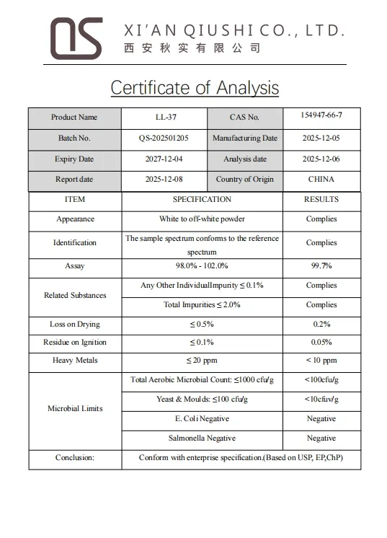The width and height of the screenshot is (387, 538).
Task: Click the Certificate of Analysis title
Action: tap(194, 88)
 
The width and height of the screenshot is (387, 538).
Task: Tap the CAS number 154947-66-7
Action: tap(321, 115)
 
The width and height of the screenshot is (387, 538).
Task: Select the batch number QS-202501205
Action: tap(164, 138)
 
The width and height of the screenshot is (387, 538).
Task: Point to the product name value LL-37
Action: tap(164, 118)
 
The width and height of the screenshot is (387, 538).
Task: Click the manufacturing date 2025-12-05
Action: tap(321, 138)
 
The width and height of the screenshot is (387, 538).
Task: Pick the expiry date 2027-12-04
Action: tap(164, 159)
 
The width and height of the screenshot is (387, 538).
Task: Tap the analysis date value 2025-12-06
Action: tap(321, 159)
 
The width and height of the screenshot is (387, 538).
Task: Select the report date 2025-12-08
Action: tap(164, 180)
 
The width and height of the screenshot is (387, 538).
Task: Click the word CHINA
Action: tap(321, 180)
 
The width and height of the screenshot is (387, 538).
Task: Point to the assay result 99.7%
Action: tap(321, 266)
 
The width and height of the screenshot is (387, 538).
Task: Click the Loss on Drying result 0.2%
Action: tap(321, 325)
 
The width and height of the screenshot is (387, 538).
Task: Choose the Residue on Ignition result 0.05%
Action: tap(321, 343)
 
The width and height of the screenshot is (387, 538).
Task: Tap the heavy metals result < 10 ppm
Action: tap(321, 361)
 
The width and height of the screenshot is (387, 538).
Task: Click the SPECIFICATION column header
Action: tap(202, 200)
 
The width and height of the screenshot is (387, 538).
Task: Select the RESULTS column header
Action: tap(321, 200)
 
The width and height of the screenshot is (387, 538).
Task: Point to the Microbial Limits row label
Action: tap(75, 409)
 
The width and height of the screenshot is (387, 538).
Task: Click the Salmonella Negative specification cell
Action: tap(202, 438)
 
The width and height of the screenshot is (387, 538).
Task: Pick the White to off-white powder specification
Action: tap(202, 219)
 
